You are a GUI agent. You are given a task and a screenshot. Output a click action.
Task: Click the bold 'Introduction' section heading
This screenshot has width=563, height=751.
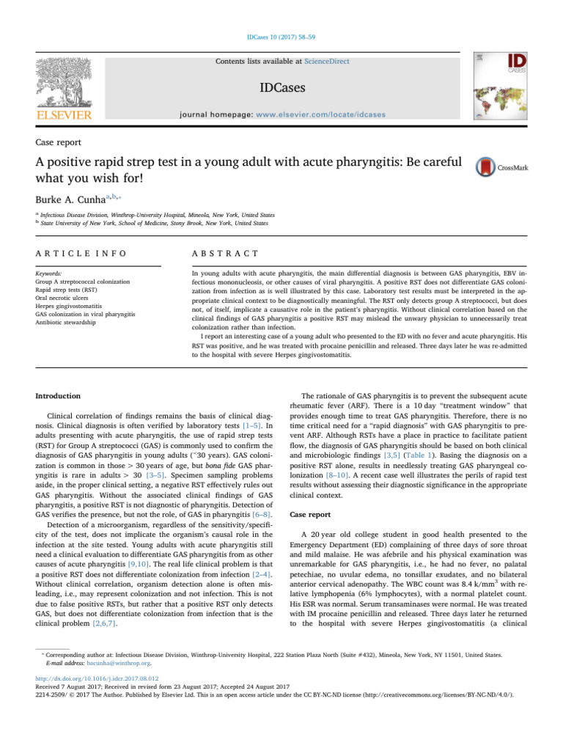[x=60, y=397]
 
